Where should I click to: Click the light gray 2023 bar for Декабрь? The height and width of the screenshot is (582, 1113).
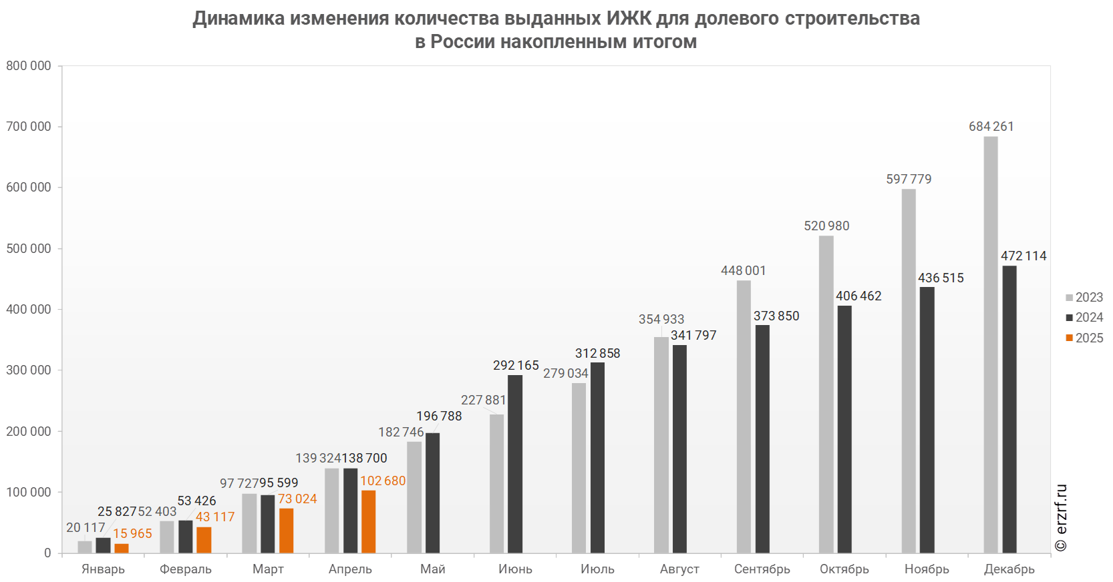click(x=990, y=344)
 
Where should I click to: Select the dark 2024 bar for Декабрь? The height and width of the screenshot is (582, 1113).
click(x=1009, y=409)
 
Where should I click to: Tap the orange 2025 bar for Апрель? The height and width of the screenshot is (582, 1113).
click(x=368, y=521)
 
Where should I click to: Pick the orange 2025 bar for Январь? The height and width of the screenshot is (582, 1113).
click(x=121, y=548)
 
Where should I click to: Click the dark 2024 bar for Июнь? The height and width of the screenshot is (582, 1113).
click(x=514, y=464)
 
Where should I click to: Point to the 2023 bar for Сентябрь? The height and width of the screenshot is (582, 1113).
click(x=744, y=416)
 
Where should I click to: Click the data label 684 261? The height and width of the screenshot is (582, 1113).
click(x=991, y=126)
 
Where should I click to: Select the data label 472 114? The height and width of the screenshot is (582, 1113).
click(x=1023, y=256)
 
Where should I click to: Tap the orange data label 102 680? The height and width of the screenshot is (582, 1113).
click(x=383, y=481)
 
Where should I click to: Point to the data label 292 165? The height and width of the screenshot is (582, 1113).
click(x=516, y=365)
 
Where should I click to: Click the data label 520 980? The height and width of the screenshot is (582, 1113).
click(x=826, y=226)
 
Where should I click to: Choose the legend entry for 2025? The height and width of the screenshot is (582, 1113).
click(x=1084, y=338)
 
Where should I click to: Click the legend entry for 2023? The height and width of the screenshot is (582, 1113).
click(x=1084, y=297)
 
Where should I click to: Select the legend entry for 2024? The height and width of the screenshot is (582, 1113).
click(x=1084, y=317)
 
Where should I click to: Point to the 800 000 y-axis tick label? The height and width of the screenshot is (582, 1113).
click(x=29, y=65)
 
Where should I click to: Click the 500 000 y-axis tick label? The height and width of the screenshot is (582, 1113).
click(x=29, y=248)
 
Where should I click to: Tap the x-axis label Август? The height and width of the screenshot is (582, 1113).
click(x=680, y=569)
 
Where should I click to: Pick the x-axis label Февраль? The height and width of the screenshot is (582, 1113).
click(x=186, y=569)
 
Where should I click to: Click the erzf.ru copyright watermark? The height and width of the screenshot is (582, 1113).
click(x=1061, y=517)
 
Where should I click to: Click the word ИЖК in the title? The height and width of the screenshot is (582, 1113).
click(x=629, y=18)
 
